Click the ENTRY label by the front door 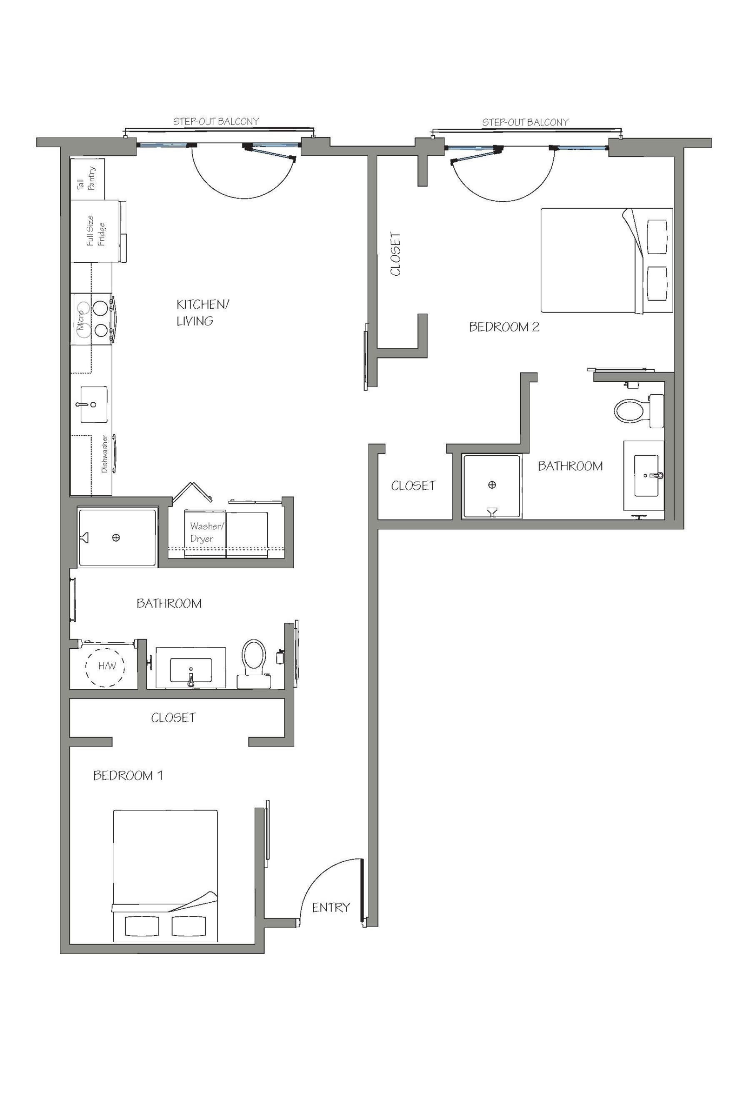click(330, 907)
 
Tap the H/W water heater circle click(106, 666)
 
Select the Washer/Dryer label click(206, 532)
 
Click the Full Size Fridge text click(96, 231)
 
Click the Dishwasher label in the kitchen click(105, 453)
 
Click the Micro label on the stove click(81, 319)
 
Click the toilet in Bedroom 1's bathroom click(253, 656)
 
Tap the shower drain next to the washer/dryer click(116, 537)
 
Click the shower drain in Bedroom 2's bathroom click(492, 484)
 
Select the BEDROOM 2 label click(504, 327)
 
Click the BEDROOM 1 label click(128, 776)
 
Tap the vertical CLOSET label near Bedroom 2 click(395, 254)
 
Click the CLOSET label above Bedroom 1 click(173, 718)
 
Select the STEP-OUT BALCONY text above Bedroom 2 click(525, 122)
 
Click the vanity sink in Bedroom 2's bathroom click(646, 475)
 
